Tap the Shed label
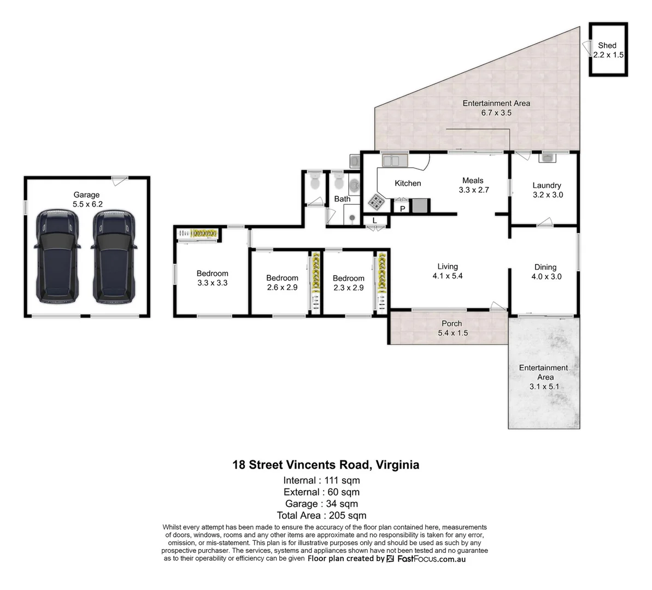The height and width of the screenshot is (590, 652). (607, 45)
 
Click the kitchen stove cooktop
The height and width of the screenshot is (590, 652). (375, 202)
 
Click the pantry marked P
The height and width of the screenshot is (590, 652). (402, 208)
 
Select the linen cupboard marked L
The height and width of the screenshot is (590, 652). (374, 221)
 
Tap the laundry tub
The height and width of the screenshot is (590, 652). (547, 158)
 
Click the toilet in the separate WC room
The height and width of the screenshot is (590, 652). (314, 182)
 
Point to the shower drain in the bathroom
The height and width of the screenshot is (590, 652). (352, 217)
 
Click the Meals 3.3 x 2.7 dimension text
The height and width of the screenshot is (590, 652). (473, 190)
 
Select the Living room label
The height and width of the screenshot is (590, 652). (447, 267)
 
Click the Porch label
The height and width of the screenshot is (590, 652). (451, 323)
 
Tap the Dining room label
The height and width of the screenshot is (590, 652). (545, 267)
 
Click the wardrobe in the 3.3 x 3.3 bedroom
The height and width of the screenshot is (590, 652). (198, 234)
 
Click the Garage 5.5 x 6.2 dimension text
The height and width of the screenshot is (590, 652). (87, 204)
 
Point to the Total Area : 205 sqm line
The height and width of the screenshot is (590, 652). (321, 515)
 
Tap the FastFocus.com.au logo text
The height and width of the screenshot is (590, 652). (431, 559)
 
